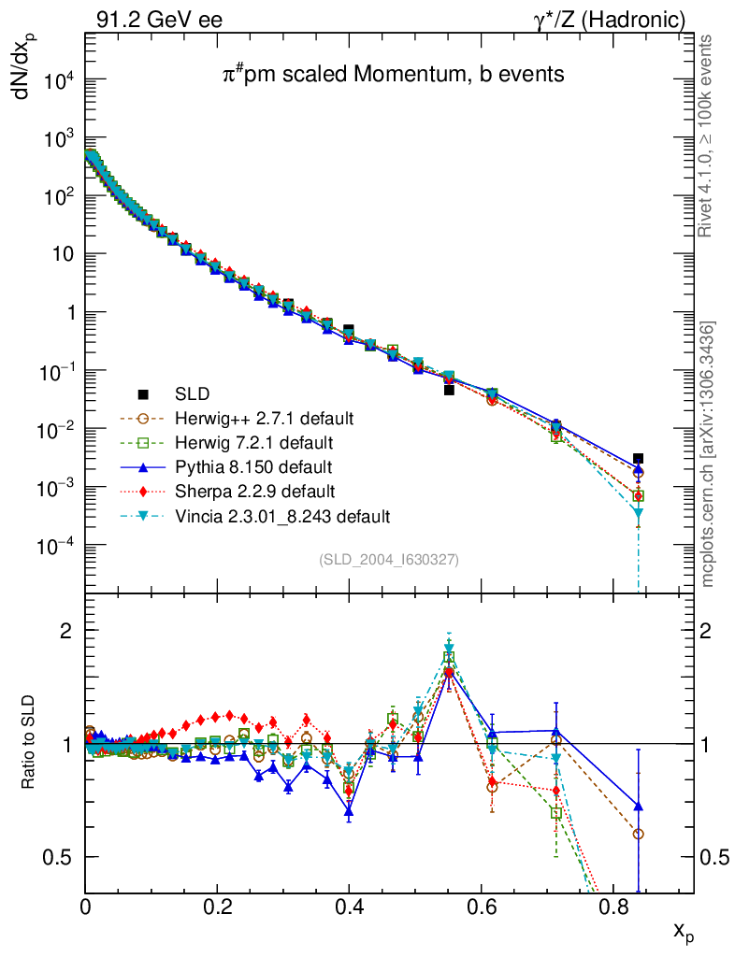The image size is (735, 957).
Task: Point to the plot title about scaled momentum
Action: [x=393, y=75]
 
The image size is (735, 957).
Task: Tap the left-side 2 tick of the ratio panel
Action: [x=66, y=631]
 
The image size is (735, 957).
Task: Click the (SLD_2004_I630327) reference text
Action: [x=389, y=560]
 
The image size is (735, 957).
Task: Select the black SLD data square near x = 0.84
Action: [x=638, y=459]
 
